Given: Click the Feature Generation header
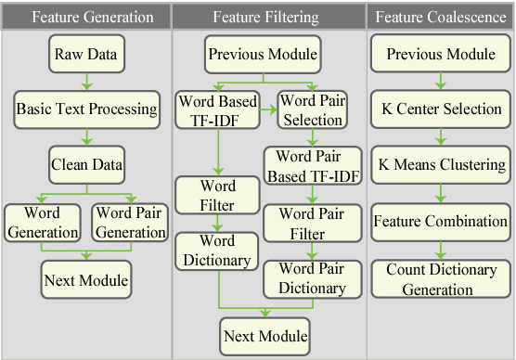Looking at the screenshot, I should coord(86,16).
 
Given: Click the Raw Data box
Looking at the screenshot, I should coord(86,54).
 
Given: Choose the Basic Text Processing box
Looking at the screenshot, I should coord(86,109).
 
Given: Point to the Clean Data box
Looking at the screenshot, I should coord(86,166).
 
